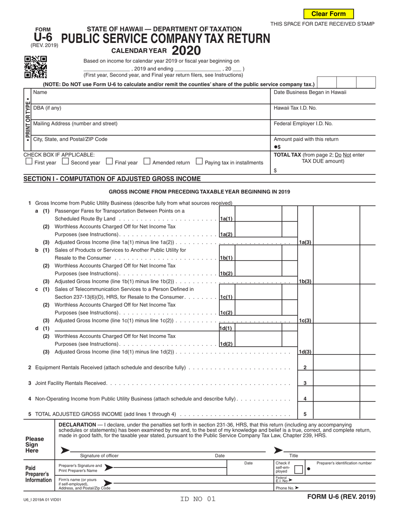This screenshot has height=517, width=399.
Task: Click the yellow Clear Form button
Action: pyautogui.click(x=328, y=14)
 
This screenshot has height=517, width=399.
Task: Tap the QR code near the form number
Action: pyautogui.click(x=35, y=67)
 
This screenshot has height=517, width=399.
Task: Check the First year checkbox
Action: pyautogui.click(x=29, y=161)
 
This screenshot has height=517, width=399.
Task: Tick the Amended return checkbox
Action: pyautogui.click(x=147, y=161)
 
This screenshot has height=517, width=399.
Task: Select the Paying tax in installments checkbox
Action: pyautogui.click(x=199, y=161)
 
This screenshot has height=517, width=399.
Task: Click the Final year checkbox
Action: pyautogui.click(x=109, y=161)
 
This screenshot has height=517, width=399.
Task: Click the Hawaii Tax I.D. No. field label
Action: pyautogui.click(x=295, y=108)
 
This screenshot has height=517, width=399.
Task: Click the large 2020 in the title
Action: pyautogui.click(x=186, y=51)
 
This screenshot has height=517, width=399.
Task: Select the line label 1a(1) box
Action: pyautogui.click(x=226, y=219)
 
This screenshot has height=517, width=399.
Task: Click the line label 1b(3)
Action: pyautogui.click(x=305, y=281)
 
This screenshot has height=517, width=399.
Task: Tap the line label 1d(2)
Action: pyautogui.click(x=226, y=344)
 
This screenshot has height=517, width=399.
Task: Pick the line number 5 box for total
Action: pyautogui.click(x=305, y=414)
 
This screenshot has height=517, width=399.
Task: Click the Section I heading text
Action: pyautogui.click(x=112, y=179)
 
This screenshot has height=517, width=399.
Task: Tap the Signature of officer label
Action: pyautogui.click(x=99, y=456)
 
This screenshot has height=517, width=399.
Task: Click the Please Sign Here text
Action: pyautogui.click(x=34, y=445)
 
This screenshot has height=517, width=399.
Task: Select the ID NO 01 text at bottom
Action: pyautogui.click(x=197, y=499)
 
